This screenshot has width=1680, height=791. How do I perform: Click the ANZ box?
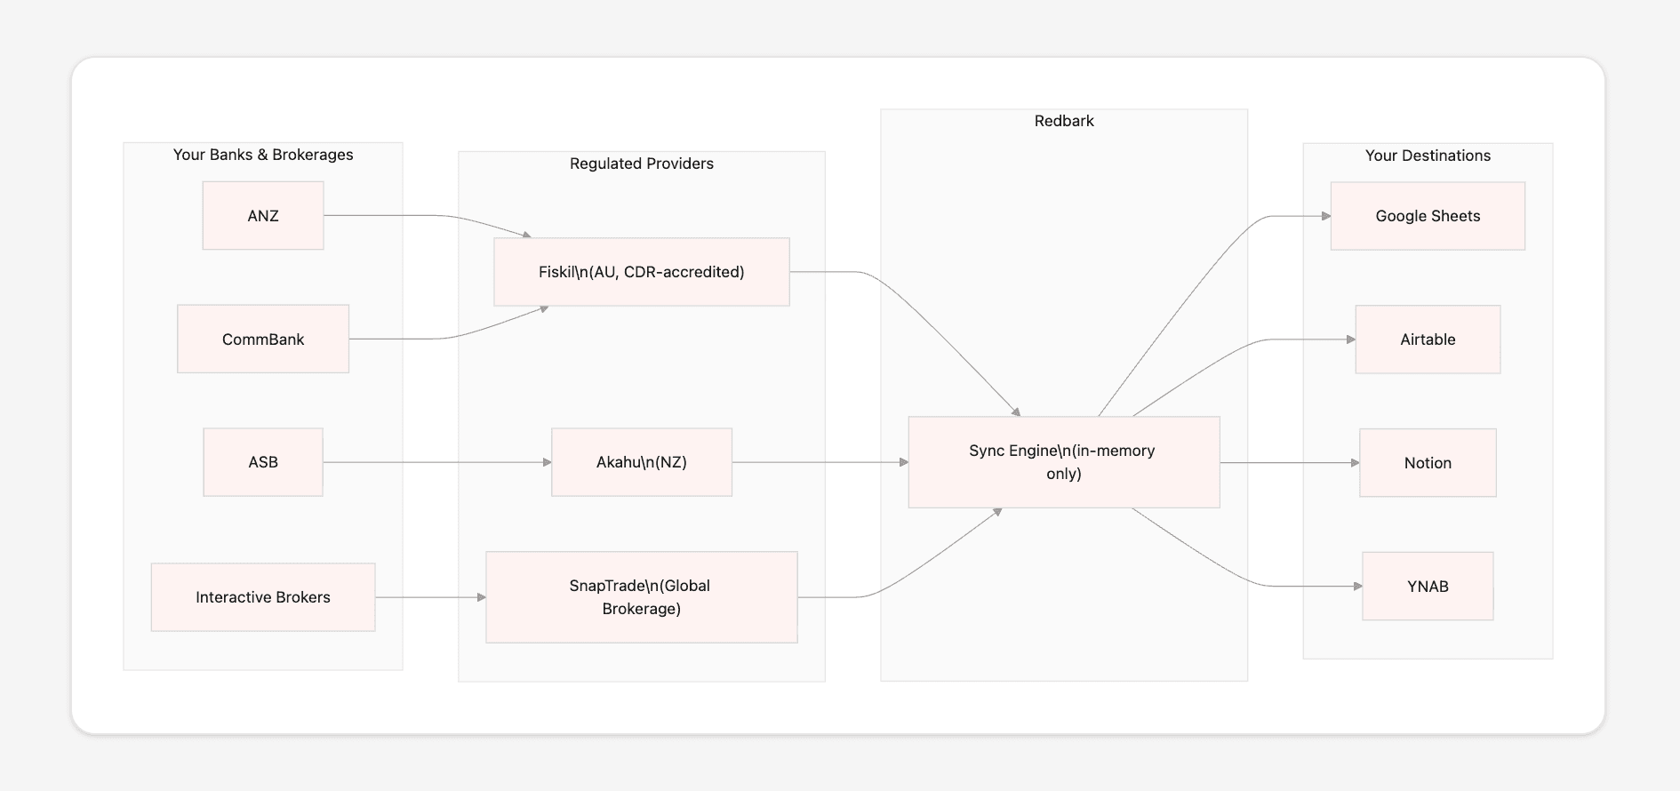click(x=263, y=216)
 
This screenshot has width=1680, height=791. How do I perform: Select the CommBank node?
click(x=263, y=340)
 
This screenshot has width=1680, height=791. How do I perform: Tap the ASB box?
click(x=263, y=462)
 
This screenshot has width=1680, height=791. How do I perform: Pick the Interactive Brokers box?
click(x=263, y=597)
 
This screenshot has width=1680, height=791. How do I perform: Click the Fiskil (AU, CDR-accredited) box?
click(x=642, y=272)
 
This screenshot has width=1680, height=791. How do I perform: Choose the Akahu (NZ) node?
click(x=642, y=462)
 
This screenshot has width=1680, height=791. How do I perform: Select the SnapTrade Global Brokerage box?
click(x=642, y=597)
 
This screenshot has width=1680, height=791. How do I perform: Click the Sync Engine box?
click(x=1064, y=462)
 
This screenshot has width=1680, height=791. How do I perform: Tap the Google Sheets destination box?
click(x=1428, y=216)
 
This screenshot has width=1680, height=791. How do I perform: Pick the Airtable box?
click(x=1428, y=340)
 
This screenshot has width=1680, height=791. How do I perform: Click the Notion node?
click(x=1428, y=463)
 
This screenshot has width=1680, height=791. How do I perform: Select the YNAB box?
click(x=1428, y=587)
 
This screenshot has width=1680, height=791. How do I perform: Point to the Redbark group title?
click(x=1064, y=121)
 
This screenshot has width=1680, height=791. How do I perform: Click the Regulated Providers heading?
click(x=642, y=164)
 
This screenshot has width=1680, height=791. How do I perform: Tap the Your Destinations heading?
click(x=1428, y=156)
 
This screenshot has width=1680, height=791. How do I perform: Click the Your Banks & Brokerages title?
click(x=263, y=155)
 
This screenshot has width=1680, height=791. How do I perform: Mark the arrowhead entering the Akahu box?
click(x=547, y=462)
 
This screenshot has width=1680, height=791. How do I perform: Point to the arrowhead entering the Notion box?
click(x=1355, y=463)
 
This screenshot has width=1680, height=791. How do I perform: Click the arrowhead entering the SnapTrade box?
click(x=481, y=597)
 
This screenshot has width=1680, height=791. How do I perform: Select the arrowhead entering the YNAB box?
click(x=1357, y=587)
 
